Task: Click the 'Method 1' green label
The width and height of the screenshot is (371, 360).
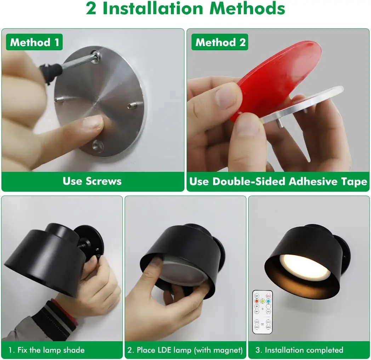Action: tap(34, 42)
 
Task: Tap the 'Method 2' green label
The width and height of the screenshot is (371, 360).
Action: tap(220, 42)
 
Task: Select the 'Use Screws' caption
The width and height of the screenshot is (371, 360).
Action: tap(92, 181)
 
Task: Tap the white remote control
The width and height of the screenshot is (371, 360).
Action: tap(262, 312)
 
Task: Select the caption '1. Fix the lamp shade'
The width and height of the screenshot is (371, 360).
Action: tap(46, 350)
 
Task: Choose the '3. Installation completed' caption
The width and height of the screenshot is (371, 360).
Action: tap(299, 350)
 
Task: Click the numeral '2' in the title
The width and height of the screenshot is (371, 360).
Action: tap(91, 9)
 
